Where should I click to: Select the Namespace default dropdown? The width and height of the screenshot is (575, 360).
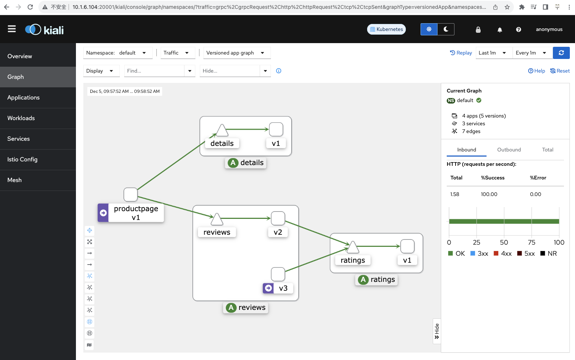[x=118, y=53]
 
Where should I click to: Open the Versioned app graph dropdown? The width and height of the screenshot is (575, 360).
[x=237, y=53]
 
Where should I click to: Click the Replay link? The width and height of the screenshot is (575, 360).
[x=461, y=53]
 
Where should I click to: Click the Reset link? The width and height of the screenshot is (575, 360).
[x=560, y=71]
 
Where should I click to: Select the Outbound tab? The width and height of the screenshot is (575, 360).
[x=509, y=150]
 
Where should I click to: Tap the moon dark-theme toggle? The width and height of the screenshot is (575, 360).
[x=446, y=29]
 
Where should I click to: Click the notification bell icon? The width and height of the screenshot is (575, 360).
[x=499, y=30]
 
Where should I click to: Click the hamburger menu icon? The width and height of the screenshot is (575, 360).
[x=12, y=29]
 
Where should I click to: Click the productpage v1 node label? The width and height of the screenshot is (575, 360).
[x=136, y=213]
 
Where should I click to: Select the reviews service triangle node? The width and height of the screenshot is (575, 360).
[x=217, y=219]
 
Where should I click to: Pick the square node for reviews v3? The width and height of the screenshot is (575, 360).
[x=278, y=274]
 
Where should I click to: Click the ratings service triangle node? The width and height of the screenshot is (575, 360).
[x=353, y=247]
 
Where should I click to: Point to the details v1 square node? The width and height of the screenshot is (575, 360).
[x=276, y=129]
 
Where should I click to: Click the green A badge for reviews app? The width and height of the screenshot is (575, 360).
[x=231, y=307]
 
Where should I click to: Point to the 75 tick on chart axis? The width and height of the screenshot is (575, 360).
[x=532, y=242]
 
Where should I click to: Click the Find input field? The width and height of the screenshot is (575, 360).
[x=154, y=71]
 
